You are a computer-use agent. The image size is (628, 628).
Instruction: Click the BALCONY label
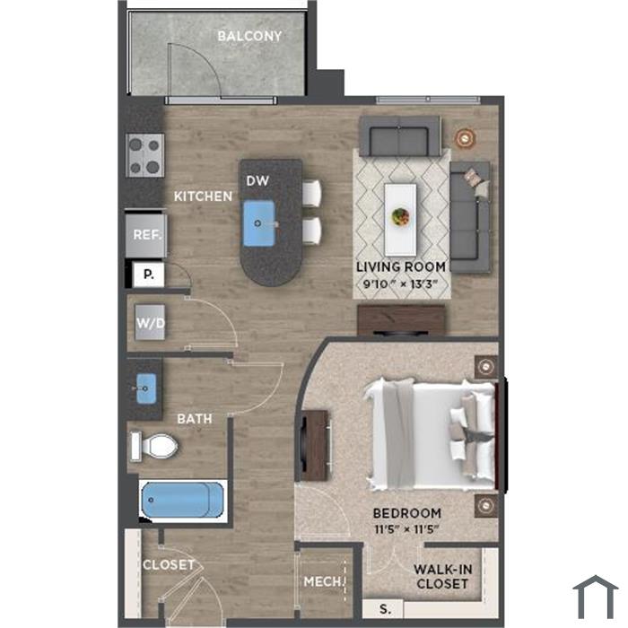point(249,36)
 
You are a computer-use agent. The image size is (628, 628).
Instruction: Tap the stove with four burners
point(145,155)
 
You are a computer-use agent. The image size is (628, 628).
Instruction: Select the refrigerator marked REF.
point(146,236)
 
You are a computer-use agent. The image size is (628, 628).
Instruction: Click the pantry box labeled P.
point(148,275)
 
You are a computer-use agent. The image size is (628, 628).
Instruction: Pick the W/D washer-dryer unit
point(150,322)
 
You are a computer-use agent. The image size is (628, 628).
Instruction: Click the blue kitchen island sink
point(259,223)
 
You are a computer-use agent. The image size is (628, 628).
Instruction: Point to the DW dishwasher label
point(257,181)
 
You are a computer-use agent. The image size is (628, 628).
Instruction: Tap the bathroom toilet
point(155,446)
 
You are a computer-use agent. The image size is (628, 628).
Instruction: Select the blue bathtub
point(183,500)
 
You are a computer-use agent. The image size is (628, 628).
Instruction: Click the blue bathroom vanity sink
point(145,388)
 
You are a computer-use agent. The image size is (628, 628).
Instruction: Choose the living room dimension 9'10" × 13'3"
point(400,284)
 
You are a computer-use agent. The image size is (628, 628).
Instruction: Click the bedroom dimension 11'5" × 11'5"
point(407,529)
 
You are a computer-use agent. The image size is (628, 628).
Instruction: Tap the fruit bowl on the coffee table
point(400,217)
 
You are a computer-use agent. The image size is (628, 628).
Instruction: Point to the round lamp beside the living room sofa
point(465,138)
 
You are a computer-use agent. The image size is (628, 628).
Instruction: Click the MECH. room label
point(322,581)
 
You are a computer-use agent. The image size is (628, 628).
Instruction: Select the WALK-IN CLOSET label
point(442,577)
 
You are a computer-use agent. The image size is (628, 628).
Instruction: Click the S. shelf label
point(385,609)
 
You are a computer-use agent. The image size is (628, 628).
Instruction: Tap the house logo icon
point(595,597)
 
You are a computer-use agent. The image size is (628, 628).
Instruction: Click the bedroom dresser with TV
point(316,445)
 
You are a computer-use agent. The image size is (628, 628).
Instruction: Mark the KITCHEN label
point(203,196)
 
